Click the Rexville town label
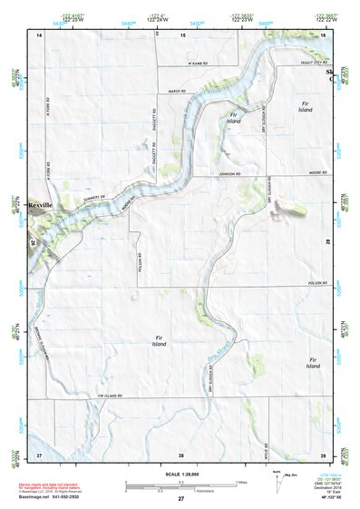point(41,206)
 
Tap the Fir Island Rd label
point(110,396)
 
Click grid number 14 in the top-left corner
point(39,34)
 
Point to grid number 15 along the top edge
point(181,34)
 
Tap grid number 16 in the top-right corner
point(323,34)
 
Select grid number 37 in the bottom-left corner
point(39,454)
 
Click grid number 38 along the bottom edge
point(181,454)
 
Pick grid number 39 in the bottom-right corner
point(323,454)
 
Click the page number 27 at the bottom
point(180,499)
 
